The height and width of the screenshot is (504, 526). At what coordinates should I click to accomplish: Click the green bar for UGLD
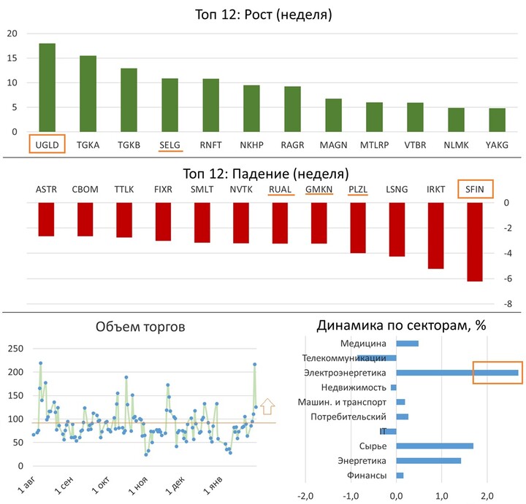click(x=47, y=88)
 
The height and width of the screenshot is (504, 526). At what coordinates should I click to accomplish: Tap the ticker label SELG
click(x=169, y=145)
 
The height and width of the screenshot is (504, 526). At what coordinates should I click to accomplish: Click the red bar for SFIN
click(x=475, y=241)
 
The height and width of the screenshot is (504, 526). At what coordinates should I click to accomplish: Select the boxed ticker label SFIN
click(x=475, y=190)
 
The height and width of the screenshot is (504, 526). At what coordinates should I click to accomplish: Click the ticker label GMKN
click(x=319, y=190)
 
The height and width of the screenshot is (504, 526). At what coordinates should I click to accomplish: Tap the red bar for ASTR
click(x=46, y=219)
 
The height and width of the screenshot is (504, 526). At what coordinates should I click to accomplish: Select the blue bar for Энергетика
click(x=428, y=460)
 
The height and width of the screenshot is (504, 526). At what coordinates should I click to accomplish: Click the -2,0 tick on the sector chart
click(x=306, y=496)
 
